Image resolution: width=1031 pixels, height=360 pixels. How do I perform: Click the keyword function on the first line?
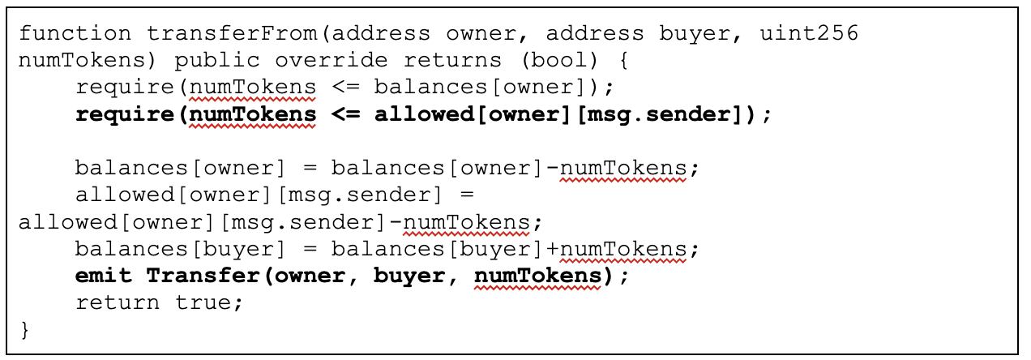click(x=75, y=33)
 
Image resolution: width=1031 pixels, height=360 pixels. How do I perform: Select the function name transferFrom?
click(x=232, y=33)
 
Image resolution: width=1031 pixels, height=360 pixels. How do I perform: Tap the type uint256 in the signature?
click(x=809, y=33)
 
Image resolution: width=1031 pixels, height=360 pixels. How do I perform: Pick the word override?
click(x=332, y=60)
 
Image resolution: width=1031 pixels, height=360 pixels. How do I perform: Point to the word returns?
click(x=452, y=60)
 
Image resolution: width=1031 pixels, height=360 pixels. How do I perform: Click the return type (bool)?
click(x=559, y=60)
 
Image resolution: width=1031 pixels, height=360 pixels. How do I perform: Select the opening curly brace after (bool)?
click(x=623, y=60)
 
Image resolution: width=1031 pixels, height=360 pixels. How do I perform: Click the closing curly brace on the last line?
click(x=25, y=330)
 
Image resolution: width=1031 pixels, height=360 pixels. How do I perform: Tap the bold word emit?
click(x=104, y=276)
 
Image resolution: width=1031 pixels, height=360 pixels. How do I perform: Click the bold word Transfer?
click(x=203, y=276)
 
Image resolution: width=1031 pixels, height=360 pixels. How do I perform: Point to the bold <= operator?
click(x=345, y=114)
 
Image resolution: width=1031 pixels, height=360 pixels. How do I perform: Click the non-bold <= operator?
click(x=345, y=87)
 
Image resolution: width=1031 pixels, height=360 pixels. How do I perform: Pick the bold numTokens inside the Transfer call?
click(x=537, y=276)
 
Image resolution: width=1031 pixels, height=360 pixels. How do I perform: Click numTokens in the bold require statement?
click(x=253, y=114)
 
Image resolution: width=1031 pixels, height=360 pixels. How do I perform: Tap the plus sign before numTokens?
click(x=552, y=249)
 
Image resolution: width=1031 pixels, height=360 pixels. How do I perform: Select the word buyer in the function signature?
click(x=695, y=34)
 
